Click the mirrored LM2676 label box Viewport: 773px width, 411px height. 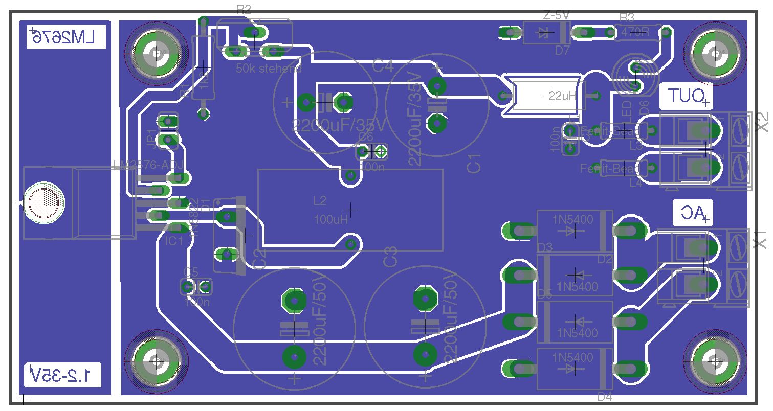point(65,37)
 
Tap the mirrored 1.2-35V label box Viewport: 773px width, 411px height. point(63,375)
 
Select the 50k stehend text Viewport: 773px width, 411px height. point(269,68)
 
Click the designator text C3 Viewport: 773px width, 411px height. point(390,256)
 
